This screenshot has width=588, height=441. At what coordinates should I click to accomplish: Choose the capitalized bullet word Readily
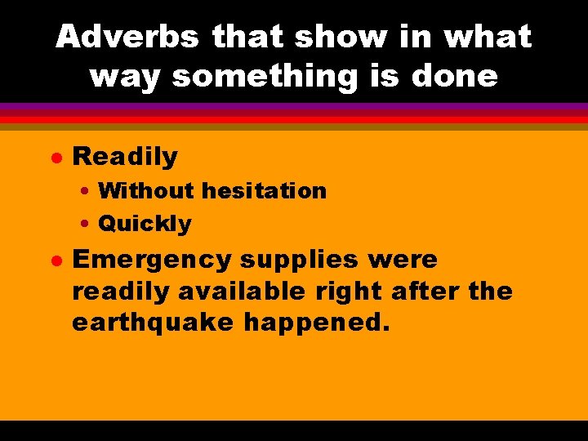pyautogui.click(x=125, y=156)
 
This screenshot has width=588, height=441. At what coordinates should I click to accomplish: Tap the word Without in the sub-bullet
pyautogui.click(x=146, y=191)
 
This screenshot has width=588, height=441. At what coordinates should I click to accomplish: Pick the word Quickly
pyautogui.click(x=145, y=223)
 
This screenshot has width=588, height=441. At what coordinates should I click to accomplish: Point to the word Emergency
pyautogui.click(x=153, y=260)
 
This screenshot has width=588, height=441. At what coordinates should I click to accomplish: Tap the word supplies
pyautogui.click(x=299, y=260)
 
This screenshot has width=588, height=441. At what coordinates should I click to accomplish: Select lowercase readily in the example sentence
pyautogui.click(x=120, y=292)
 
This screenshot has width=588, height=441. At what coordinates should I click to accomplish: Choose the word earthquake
pyautogui.click(x=154, y=323)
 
